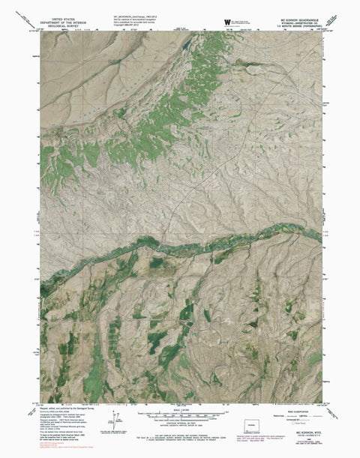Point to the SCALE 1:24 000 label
[x=180, y=409]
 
